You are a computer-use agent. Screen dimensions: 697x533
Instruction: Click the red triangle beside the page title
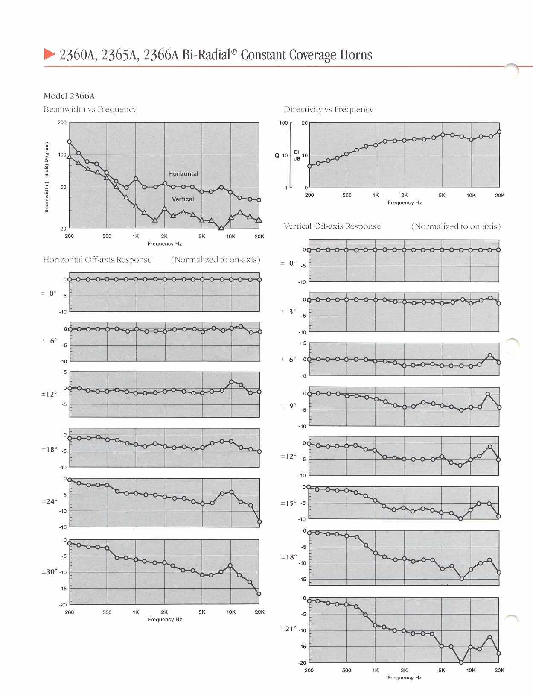[x=50, y=54]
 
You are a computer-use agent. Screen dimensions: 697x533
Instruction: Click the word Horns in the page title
[x=356, y=55]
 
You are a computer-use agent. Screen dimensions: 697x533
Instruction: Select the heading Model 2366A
[x=69, y=96]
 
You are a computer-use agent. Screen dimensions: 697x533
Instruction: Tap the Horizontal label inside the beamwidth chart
[x=183, y=173]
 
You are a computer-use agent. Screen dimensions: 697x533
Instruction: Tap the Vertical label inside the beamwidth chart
[x=183, y=199]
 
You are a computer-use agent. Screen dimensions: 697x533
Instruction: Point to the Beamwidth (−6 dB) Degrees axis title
[x=47, y=177]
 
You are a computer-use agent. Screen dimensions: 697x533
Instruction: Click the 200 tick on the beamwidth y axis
[x=62, y=123]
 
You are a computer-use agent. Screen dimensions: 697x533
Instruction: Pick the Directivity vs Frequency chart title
[x=328, y=110]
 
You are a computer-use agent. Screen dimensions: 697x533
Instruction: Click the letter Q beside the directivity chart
[x=277, y=155]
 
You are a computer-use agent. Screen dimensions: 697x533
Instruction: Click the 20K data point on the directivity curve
[x=499, y=132]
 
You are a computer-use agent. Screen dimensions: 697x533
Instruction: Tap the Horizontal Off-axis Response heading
[x=97, y=260]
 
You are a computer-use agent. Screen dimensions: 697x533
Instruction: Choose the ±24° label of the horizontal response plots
[x=49, y=501]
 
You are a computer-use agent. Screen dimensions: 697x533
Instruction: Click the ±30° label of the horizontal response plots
[x=49, y=572]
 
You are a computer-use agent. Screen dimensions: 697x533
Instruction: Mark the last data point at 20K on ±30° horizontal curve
[x=259, y=594]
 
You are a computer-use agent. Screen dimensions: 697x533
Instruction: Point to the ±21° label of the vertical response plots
[x=288, y=629]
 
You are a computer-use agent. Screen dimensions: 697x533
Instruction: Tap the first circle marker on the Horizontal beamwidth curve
[x=70, y=141]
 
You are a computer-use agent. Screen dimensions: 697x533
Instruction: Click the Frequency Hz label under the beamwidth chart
[x=165, y=244]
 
